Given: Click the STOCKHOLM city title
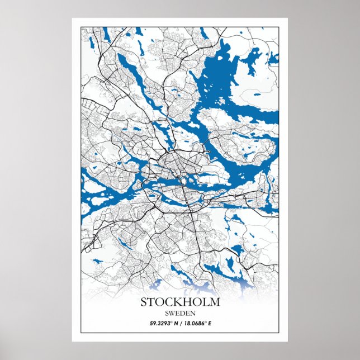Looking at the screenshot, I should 180,302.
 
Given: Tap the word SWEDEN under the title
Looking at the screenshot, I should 180,313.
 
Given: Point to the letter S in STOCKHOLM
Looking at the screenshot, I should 143,302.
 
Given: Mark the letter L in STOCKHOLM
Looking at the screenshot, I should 207,302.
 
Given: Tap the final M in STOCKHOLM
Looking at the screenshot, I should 216,302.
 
